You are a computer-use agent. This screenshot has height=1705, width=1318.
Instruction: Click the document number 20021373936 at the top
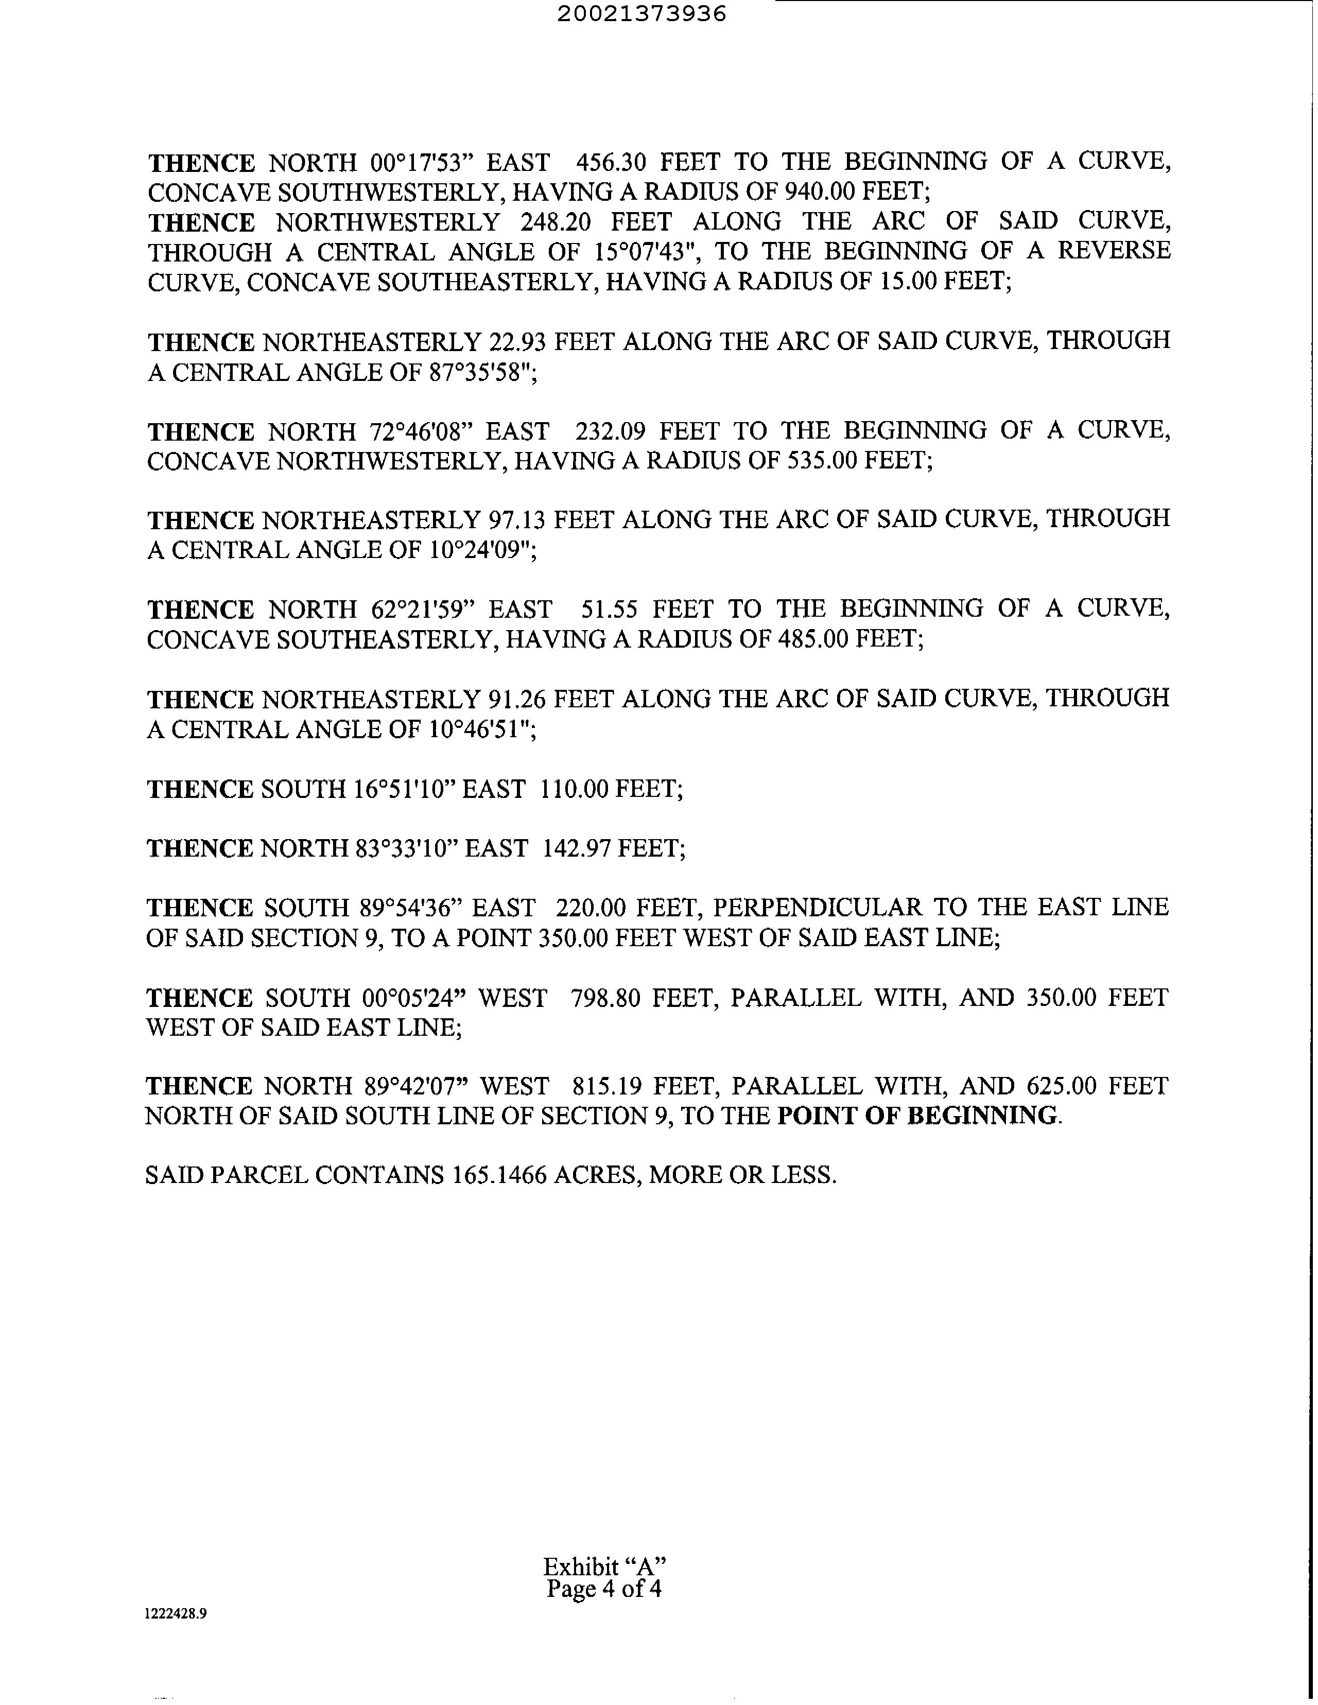(x=642, y=14)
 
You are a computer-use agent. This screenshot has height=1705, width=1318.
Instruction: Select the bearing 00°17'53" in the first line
(x=420, y=162)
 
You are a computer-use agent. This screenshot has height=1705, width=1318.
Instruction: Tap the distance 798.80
(x=606, y=998)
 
